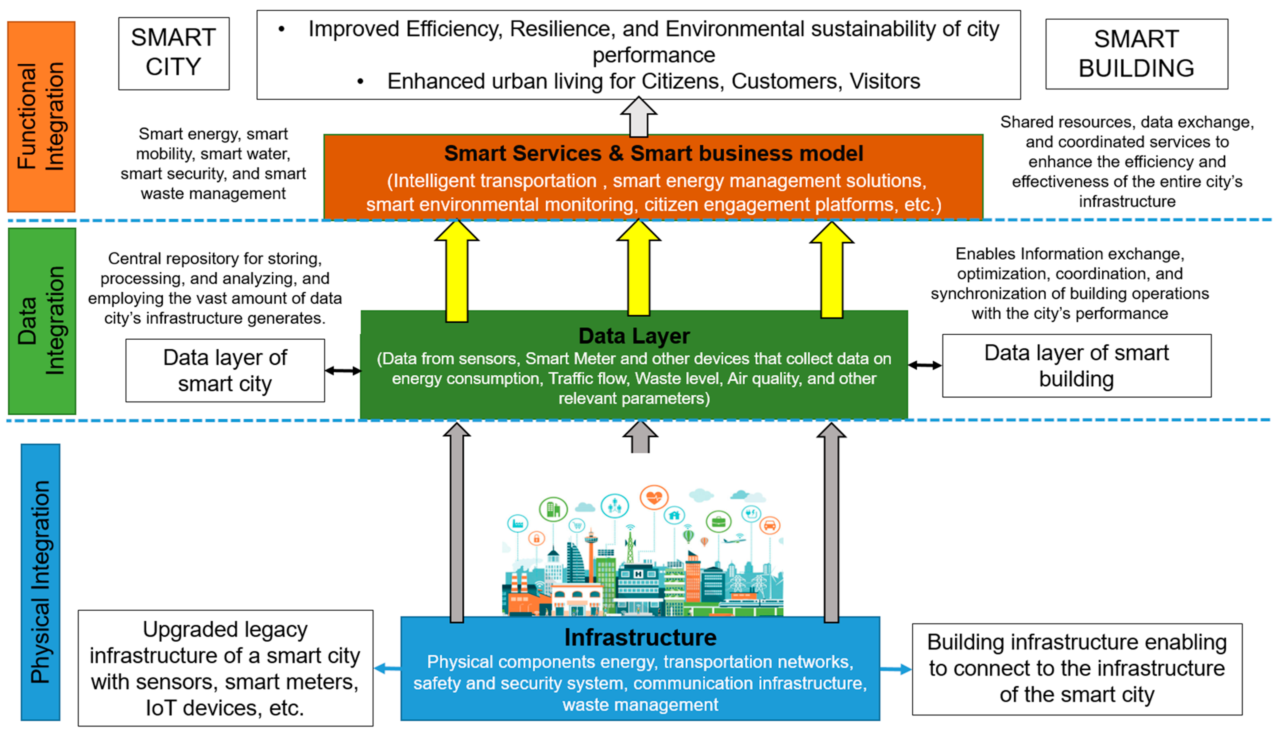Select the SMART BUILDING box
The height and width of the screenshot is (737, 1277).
tap(1136, 54)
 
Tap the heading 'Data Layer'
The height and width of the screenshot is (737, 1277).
tap(634, 336)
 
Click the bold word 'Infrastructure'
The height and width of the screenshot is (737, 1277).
tap(640, 637)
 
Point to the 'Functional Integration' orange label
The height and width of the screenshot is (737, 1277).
tap(41, 116)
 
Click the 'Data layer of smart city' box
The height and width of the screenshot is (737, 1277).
tap(225, 370)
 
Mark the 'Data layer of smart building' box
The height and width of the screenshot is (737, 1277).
tap(1077, 365)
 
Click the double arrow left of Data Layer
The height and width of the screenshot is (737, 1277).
tap(343, 370)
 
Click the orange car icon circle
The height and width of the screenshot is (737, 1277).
tap(769, 525)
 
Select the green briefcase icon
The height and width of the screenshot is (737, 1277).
tap(718, 521)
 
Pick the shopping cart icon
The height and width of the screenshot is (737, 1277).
tap(576, 525)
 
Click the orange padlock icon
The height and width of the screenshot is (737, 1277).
tap(536, 538)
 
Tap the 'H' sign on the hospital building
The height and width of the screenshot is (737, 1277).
tap(638, 574)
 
